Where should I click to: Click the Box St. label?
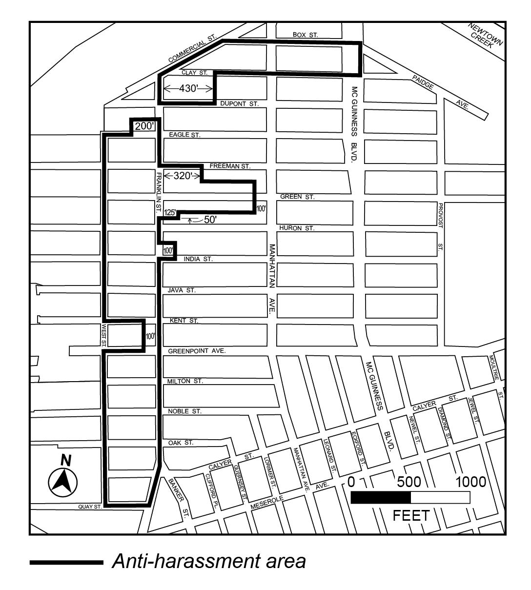(x=305, y=35)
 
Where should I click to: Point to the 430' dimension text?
(x=188, y=89)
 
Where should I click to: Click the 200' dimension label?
(x=144, y=126)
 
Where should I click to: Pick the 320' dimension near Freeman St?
(x=183, y=176)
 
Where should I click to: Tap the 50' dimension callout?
(x=209, y=220)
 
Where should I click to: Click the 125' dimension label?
(x=170, y=212)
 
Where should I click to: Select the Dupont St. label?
(x=236, y=104)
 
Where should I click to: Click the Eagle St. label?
(x=184, y=135)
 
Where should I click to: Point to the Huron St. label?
(x=297, y=228)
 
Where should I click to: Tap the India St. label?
(x=198, y=259)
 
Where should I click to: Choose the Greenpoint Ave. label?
(x=197, y=351)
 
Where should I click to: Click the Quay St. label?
(x=90, y=507)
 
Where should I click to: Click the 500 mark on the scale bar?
(x=408, y=482)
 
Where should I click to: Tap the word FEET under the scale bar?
(x=411, y=515)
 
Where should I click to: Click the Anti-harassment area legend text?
(x=209, y=562)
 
